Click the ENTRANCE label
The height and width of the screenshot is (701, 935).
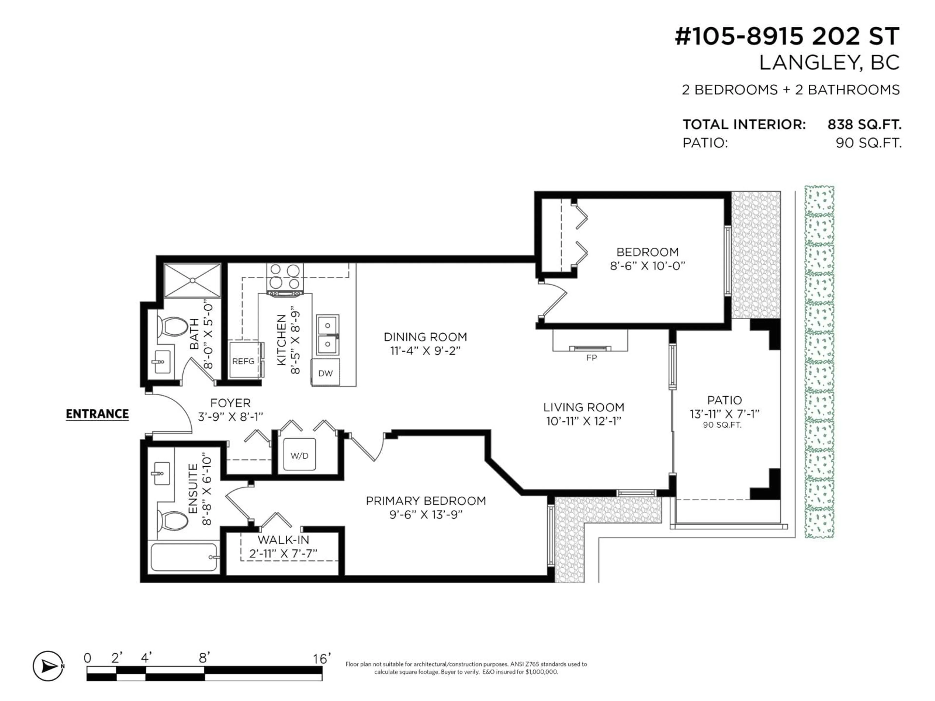(x=97, y=414)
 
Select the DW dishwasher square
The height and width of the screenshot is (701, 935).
(x=325, y=373)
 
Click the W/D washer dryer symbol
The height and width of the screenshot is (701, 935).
(x=299, y=455)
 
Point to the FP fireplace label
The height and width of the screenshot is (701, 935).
(x=591, y=358)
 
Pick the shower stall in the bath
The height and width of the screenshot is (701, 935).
(x=192, y=280)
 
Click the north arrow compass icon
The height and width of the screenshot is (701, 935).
(x=48, y=666)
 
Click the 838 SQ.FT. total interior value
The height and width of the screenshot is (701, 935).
(x=864, y=125)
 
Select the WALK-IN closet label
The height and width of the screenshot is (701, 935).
(x=283, y=540)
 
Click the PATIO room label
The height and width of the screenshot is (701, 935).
(x=724, y=400)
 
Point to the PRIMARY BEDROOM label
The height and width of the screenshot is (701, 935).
(x=426, y=501)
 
